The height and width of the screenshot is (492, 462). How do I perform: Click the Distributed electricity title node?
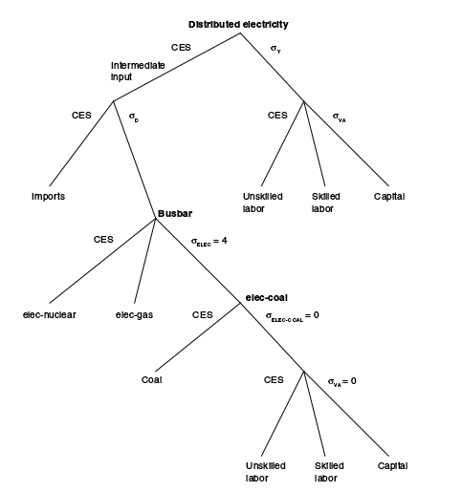click(x=238, y=25)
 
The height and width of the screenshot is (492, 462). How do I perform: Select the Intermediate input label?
click(x=138, y=71)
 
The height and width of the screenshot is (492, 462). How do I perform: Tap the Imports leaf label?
click(x=48, y=196)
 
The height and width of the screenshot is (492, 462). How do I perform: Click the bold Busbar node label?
click(x=175, y=213)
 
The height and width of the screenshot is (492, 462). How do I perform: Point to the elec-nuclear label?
click(x=50, y=314)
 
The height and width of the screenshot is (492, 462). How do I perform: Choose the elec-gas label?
click(x=134, y=315)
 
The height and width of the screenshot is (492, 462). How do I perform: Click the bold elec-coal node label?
click(x=267, y=298)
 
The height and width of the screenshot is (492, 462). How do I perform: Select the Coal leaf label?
click(x=152, y=379)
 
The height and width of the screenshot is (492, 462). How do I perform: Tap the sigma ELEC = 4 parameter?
click(x=209, y=241)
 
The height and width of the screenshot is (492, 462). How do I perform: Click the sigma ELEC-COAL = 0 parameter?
click(x=293, y=316)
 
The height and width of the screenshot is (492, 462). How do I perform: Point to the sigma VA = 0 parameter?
click(x=342, y=381)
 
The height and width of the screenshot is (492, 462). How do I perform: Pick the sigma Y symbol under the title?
click(x=275, y=49)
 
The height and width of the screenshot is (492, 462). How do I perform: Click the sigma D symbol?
click(x=134, y=118)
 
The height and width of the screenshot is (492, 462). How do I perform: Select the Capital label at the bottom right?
click(x=392, y=466)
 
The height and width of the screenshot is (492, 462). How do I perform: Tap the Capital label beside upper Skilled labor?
click(x=389, y=197)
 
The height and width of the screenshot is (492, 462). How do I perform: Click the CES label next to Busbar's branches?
click(x=103, y=239)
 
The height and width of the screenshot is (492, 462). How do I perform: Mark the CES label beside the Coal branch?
click(x=202, y=314)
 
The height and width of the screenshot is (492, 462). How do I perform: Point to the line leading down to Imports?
click(x=81, y=143)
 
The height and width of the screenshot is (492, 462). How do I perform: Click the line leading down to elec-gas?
click(x=145, y=261)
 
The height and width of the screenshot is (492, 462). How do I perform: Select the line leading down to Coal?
click(x=198, y=337)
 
